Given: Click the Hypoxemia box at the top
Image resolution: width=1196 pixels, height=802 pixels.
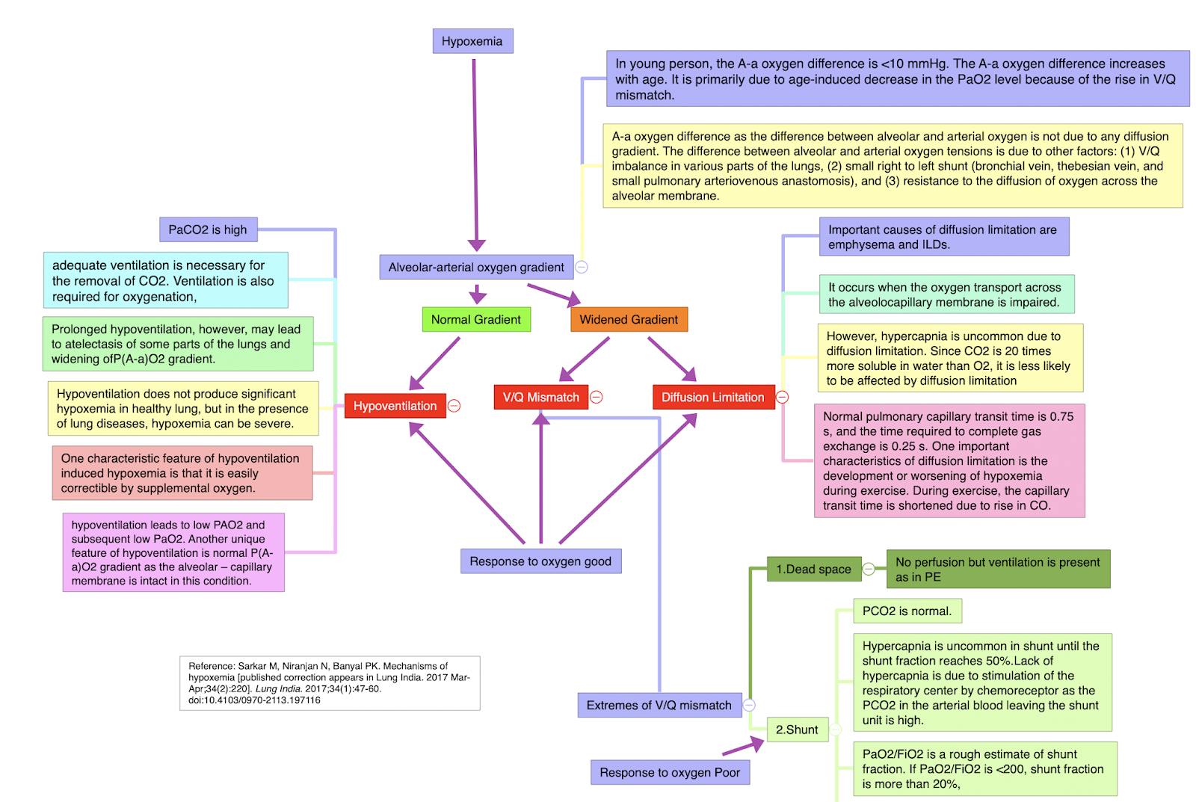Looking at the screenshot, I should (472, 41).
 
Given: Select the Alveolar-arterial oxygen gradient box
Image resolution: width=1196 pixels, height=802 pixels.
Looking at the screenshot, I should (476, 268).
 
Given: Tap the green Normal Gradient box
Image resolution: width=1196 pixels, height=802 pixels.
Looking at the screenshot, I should (476, 320).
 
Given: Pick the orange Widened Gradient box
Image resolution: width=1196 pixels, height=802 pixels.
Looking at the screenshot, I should (629, 320).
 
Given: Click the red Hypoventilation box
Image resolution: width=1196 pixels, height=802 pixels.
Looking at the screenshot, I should (395, 406).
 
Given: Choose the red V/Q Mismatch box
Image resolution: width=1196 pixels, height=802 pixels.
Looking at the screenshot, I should (540, 398).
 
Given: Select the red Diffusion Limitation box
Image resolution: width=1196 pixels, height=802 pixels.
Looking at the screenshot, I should (712, 398).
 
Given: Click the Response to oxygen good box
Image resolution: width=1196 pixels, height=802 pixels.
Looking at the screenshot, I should (540, 561).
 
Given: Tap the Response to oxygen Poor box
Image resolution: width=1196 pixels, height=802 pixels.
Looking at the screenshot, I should (670, 773).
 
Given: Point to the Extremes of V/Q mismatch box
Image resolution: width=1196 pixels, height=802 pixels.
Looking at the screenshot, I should (659, 706).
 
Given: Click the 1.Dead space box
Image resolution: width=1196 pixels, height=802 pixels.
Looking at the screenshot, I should (813, 570).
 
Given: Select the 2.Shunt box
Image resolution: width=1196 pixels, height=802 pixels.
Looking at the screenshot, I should (797, 730).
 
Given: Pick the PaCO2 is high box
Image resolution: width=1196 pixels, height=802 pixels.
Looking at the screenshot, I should (208, 230).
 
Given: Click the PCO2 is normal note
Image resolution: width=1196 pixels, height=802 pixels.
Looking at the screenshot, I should (907, 611).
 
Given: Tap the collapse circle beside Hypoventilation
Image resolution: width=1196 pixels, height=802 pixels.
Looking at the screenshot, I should (454, 406).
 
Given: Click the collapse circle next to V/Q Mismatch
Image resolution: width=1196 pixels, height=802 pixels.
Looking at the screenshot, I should (597, 398).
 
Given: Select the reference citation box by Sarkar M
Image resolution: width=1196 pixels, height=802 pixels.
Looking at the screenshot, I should (330, 683).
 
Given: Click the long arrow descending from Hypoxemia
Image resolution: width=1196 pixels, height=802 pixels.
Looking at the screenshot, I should (475, 149).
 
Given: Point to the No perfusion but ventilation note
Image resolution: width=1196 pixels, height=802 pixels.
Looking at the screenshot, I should (997, 570).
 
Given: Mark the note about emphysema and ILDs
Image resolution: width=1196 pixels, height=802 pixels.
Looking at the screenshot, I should (943, 237).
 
